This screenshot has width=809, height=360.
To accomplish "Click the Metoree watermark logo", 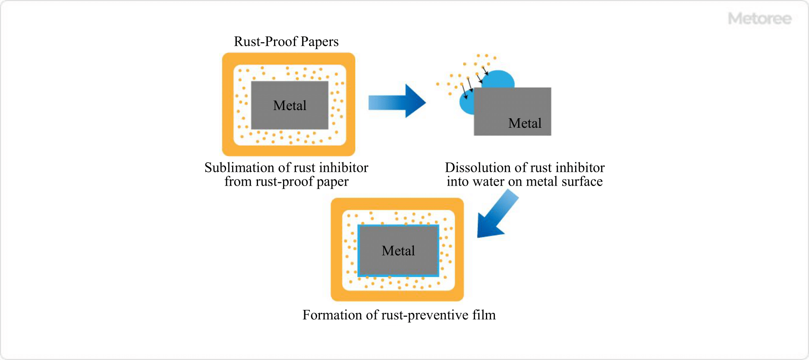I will tap(759, 19).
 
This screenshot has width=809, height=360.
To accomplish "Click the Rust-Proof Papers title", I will tap(286, 41).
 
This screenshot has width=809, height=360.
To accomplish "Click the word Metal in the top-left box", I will tap(290, 106).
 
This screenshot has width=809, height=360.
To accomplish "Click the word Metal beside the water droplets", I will tap(525, 123).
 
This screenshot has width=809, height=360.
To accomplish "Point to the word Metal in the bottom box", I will tap(398, 251).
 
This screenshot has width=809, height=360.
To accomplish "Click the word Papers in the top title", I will tap(319, 41).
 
